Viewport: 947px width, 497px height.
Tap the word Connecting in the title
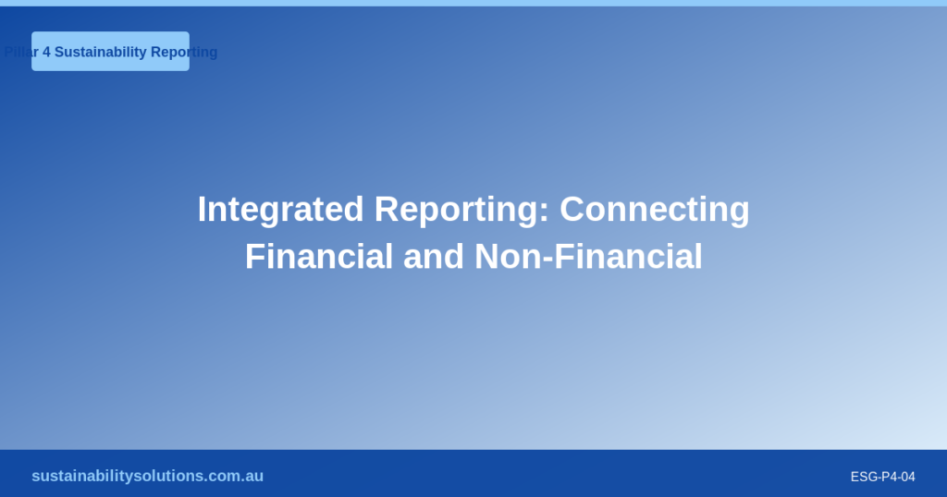click(655, 210)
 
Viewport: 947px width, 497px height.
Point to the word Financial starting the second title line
click(319, 256)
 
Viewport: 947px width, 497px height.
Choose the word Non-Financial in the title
click(589, 256)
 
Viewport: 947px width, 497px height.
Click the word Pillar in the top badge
click(21, 52)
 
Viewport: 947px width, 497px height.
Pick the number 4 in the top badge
click(46, 52)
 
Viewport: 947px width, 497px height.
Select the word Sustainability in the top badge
click(100, 52)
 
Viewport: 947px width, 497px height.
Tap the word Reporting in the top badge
click(184, 52)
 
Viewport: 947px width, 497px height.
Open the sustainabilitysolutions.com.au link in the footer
click(147, 476)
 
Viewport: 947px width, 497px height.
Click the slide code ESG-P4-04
click(882, 477)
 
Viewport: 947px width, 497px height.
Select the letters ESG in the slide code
click(863, 477)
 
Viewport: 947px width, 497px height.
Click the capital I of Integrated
click(202, 210)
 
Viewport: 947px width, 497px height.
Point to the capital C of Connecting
click(572, 210)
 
